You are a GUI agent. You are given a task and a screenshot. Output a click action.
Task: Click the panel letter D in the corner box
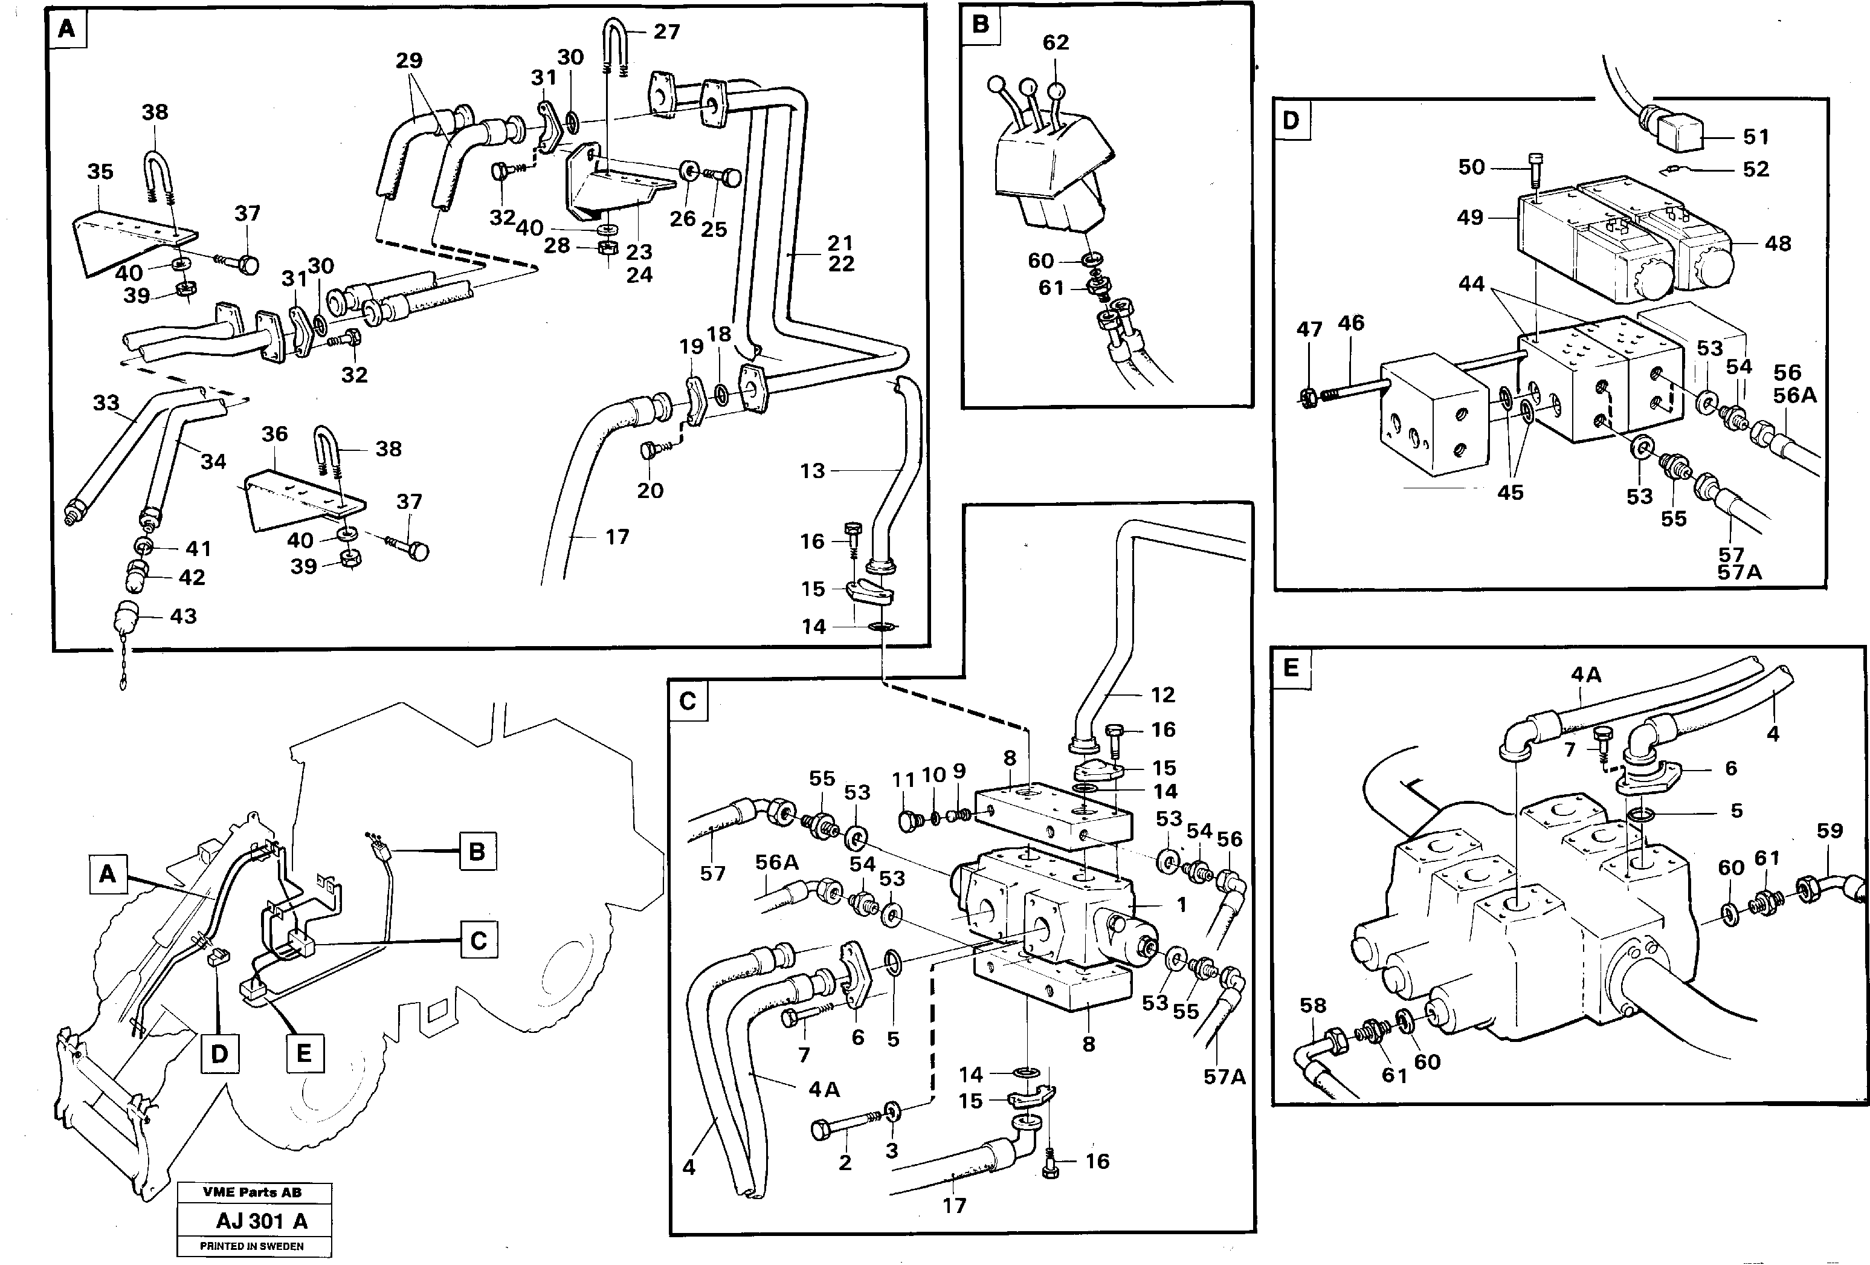tap(1290, 121)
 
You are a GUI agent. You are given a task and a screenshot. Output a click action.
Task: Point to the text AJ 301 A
tap(262, 1221)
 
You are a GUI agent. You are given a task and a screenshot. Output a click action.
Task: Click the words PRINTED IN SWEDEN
tap(252, 1246)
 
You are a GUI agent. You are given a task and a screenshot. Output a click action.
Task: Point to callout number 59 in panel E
tap(1829, 830)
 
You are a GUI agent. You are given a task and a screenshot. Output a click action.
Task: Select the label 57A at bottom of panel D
tap(1739, 572)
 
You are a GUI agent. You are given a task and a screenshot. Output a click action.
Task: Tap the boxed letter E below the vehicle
tap(304, 1053)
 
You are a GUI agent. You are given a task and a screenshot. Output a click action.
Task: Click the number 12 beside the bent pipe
tap(1162, 694)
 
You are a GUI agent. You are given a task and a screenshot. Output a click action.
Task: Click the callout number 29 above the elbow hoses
tap(409, 60)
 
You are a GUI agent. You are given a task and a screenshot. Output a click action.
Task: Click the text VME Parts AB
tap(252, 1192)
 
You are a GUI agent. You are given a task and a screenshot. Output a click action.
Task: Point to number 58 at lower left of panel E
tap(1312, 1005)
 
